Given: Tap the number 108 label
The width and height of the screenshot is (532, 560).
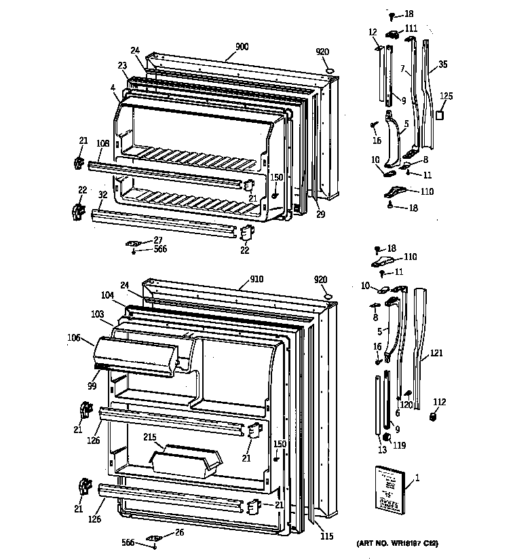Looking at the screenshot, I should click(102, 143).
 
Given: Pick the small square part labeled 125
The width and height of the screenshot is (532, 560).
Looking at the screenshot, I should click(439, 116).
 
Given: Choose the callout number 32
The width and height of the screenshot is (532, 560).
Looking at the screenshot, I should click(102, 194).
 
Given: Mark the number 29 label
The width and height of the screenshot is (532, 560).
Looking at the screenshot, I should click(320, 215).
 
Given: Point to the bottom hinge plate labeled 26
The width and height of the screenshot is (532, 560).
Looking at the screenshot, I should click(155, 539).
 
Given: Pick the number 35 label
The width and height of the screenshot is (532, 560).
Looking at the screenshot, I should click(442, 65).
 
